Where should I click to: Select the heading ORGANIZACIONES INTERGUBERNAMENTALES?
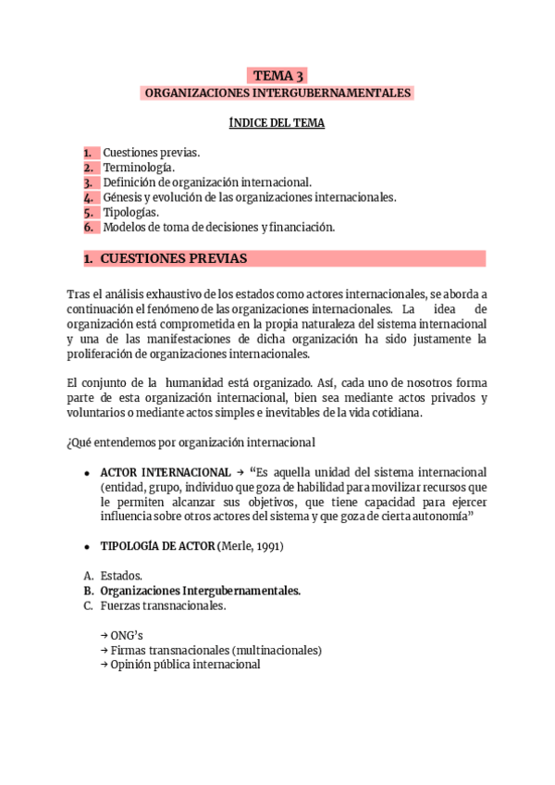coord(277,93)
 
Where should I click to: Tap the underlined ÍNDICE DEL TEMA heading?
coord(277,123)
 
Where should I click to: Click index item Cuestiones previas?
coord(151,153)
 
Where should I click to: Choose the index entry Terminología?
coord(138,168)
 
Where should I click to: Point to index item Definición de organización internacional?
coord(207,182)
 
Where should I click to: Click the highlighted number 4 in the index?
coord(89,197)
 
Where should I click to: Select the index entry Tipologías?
coord(130,212)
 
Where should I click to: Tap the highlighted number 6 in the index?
coord(89,227)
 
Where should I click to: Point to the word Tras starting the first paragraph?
coord(78,293)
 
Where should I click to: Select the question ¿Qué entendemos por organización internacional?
coord(191,442)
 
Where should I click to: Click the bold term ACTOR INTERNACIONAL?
coord(166,471)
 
